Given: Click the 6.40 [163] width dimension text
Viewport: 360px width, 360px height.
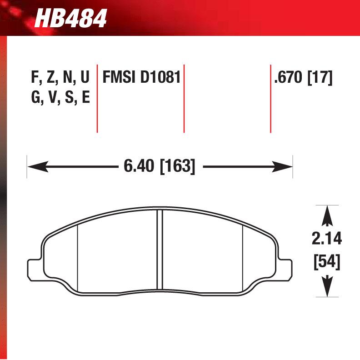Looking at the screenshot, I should pos(159,167).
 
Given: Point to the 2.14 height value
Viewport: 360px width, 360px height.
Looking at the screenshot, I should pos(327,239).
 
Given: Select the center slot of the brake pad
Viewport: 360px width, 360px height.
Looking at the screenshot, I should pos(160,249).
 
